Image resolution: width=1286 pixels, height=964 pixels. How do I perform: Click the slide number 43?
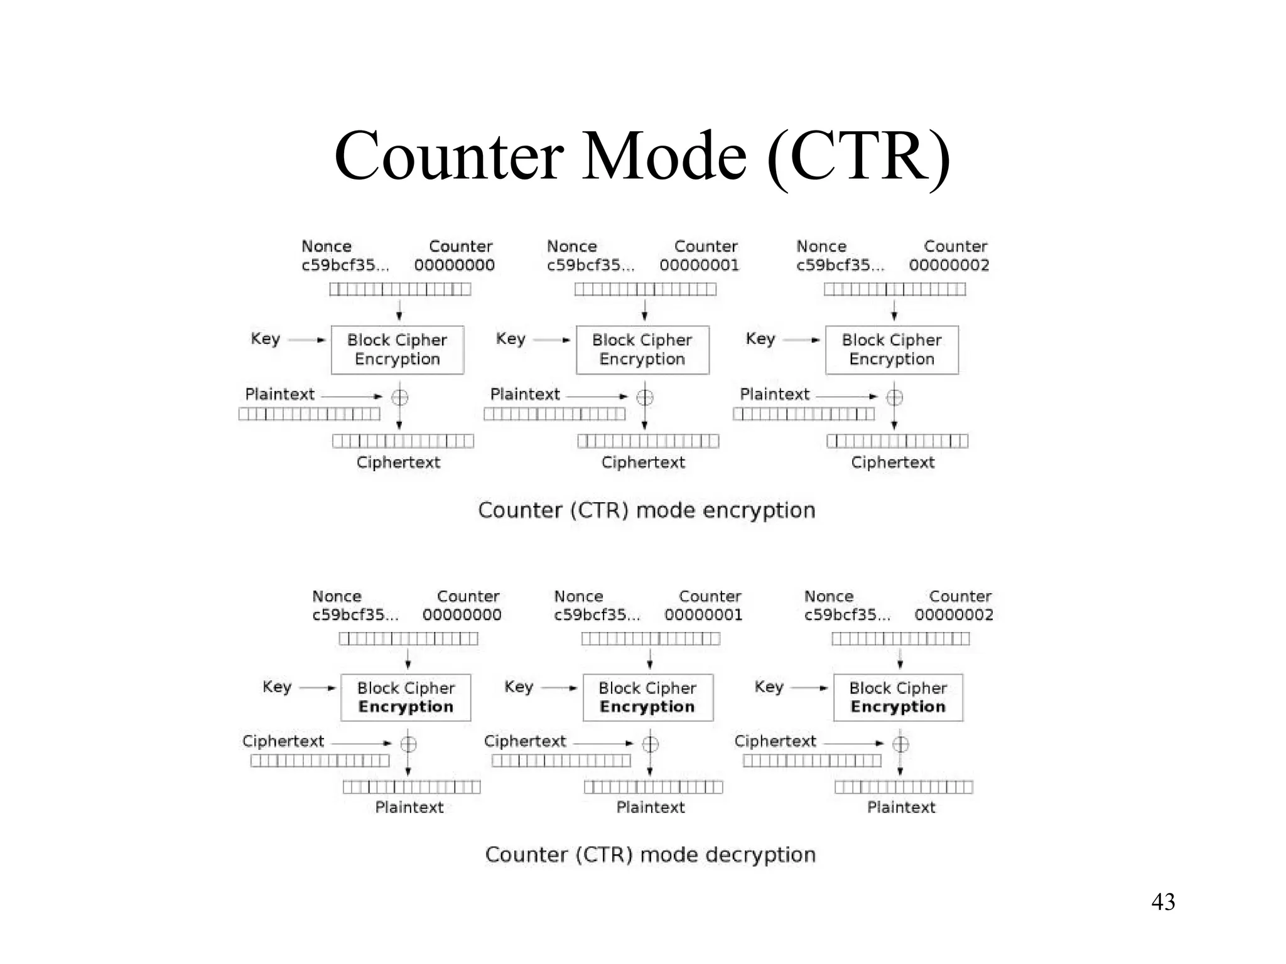point(1162,902)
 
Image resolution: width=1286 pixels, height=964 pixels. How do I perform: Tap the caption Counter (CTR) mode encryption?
point(646,510)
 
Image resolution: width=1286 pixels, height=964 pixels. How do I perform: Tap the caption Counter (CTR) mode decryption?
point(650,855)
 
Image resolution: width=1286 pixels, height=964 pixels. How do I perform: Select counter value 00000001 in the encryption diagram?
point(699,265)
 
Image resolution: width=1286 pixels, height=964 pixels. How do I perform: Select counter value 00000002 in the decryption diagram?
point(953,615)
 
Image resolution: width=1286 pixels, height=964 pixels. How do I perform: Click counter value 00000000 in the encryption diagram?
point(454,265)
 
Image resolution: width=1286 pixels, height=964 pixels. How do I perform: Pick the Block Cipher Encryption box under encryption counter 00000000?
point(397,350)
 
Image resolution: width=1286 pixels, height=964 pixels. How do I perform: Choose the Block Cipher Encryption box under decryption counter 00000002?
point(897,697)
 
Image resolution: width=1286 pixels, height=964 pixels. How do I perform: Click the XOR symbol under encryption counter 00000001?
point(645,397)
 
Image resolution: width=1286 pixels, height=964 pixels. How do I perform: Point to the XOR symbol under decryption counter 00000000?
point(408,744)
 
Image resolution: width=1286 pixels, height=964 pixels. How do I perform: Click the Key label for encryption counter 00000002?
point(760,339)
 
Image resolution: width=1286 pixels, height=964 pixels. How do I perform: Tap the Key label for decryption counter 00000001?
point(519,687)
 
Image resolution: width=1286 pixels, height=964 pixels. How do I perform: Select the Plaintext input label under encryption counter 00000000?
point(279,395)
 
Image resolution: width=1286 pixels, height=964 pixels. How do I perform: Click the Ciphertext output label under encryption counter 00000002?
point(892,463)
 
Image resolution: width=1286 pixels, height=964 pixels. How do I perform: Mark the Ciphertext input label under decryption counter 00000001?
point(525,741)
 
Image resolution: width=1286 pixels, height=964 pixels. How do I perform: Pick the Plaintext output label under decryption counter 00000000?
point(409,807)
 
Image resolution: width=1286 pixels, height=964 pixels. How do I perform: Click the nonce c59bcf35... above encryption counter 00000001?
point(590,265)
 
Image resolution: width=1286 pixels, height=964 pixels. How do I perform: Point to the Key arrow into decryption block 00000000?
point(318,688)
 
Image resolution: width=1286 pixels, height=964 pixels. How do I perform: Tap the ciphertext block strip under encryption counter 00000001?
point(648,441)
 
